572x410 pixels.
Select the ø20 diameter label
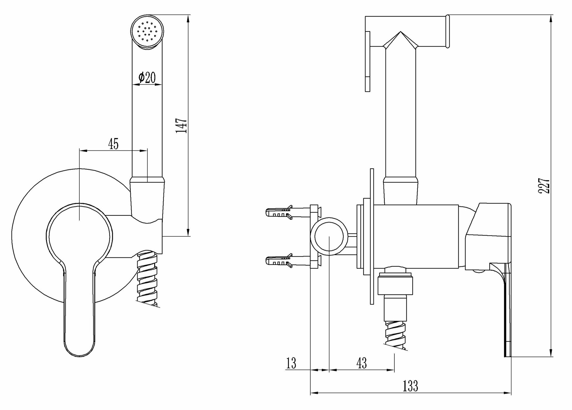pos(147,77)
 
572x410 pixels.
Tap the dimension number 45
pos(113,144)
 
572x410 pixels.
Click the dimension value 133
pos(410,386)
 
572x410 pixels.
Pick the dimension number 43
pos(362,363)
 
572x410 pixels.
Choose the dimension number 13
pos(291,363)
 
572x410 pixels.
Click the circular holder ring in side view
pos(329,237)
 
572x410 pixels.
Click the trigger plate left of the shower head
pos(368,61)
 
